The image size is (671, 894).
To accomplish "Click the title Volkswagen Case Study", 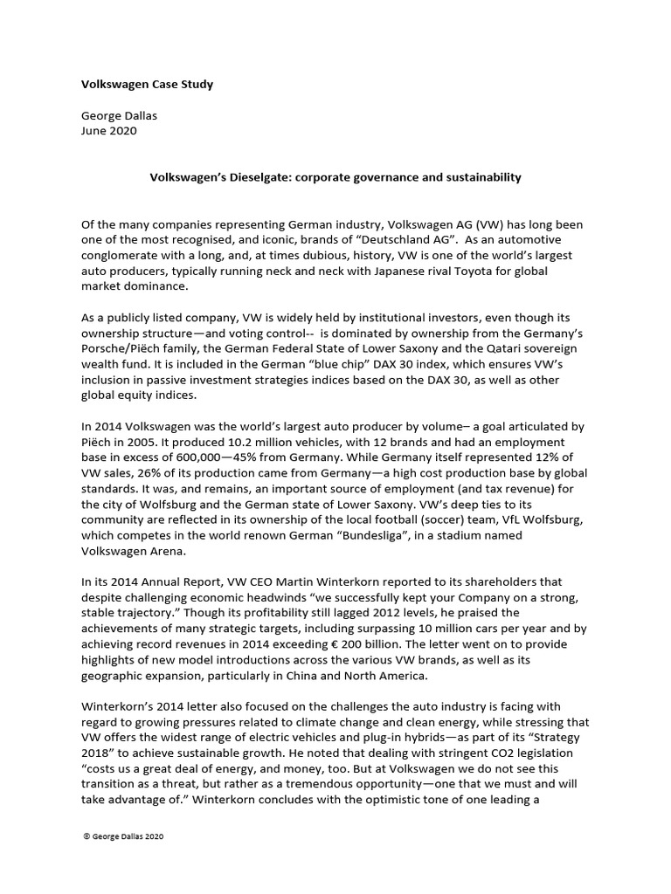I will coord(147,85).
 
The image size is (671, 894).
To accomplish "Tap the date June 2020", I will coord(108,132).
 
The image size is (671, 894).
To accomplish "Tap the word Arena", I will coord(174,550).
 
